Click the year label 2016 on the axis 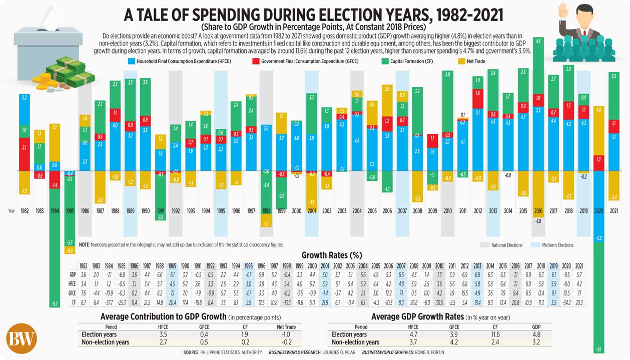pyautogui.click(x=538, y=211)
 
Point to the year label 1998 pyautogui.click(x=266, y=211)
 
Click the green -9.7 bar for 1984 pyautogui.click(x=55, y=260)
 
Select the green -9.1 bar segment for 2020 pyautogui.click(x=600, y=300)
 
